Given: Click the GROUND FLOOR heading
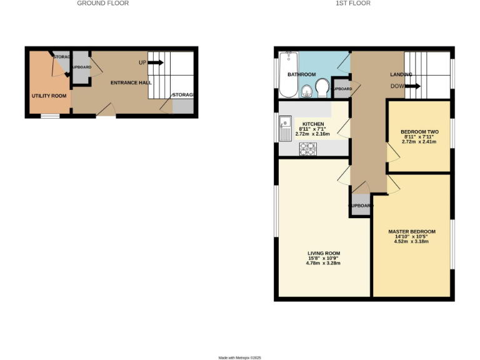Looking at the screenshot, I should (x=102, y=3).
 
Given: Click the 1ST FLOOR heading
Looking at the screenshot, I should (x=353, y=3).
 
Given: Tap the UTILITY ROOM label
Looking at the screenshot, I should (x=49, y=96).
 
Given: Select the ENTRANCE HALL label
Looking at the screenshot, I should (x=130, y=83).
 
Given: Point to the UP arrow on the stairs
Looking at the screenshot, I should (x=156, y=62).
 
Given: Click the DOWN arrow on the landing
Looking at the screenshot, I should (x=413, y=86).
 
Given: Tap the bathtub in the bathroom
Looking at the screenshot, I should (x=289, y=75).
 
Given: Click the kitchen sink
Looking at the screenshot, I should (x=284, y=127).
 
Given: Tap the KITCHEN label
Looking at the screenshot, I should (x=312, y=124).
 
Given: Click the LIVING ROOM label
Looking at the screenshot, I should (x=324, y=253).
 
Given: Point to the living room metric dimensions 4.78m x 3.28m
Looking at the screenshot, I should (x=324, y=263).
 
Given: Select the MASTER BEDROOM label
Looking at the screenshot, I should (x=412, y=231).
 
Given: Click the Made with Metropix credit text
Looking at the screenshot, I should (x=239, y=357).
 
